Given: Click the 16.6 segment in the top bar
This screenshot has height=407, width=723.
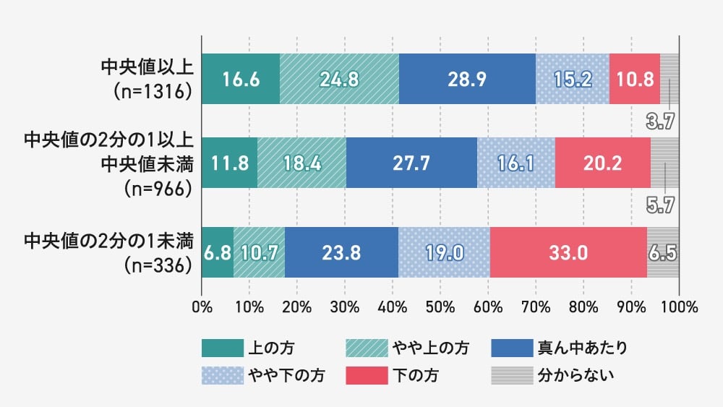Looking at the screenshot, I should coord(240,79).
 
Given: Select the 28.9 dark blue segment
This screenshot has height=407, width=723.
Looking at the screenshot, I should coord(467,79).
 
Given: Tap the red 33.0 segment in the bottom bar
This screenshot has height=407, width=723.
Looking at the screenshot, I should coord(568,252).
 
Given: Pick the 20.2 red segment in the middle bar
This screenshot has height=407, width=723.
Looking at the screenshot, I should coord(602,163).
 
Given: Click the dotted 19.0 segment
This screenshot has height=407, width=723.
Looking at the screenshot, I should coord(444,252).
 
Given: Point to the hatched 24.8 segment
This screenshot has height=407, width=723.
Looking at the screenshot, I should coord(339,79).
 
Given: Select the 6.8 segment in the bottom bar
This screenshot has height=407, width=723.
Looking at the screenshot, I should coord(217,252).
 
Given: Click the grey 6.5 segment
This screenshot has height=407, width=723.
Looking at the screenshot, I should coord(663,252).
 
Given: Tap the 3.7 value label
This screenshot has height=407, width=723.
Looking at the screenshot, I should coord(660,121).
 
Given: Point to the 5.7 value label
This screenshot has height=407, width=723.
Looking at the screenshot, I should coord(660,205).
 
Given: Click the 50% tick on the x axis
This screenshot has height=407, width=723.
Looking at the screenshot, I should coord(440,306).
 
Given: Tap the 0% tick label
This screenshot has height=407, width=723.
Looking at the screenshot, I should coord(202,306).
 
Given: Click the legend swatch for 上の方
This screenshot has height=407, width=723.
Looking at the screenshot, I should coord(221,348).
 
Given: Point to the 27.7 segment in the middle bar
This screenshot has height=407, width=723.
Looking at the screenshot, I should coord(411,163).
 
